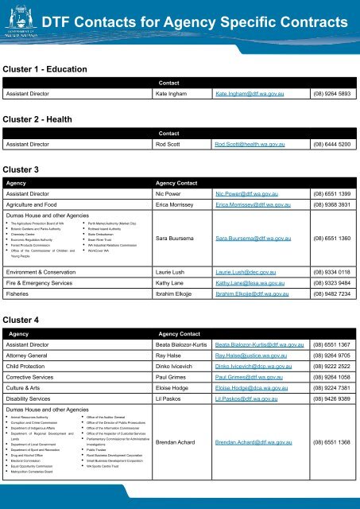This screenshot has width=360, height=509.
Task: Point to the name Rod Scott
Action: point(176,146)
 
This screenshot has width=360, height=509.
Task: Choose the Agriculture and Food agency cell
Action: point(42,208)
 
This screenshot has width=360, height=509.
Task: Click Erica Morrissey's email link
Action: point(255,208)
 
